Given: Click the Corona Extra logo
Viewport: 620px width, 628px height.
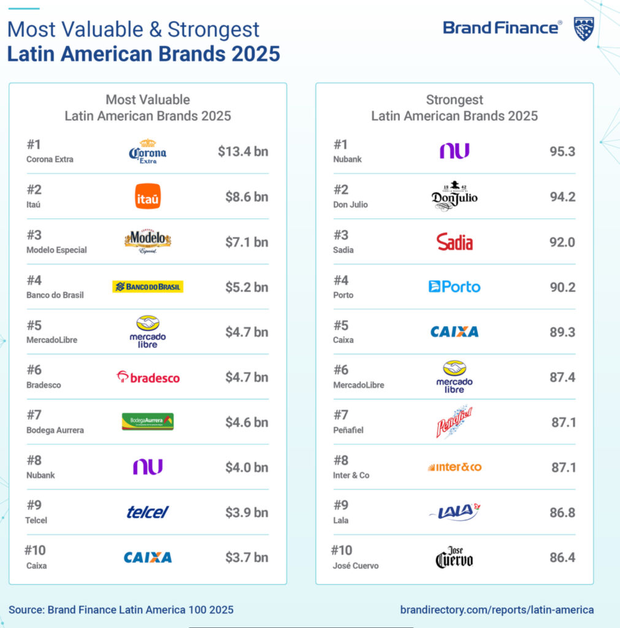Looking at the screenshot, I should pyautogui.click(x=147, y=151).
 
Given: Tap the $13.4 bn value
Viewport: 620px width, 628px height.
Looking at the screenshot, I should pyautogui.click(x=243, y=151).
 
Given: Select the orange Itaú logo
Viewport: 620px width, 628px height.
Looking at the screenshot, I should pyautogui.click(x=148, y=196).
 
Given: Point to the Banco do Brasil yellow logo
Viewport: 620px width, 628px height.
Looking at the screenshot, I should pyautogui.click(x=148, y=286).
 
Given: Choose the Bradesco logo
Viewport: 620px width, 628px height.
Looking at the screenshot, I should pyautogui.click(x=148, y=377).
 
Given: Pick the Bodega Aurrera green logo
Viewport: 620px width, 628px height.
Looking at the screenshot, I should pyautogui.click(x=148, y=422).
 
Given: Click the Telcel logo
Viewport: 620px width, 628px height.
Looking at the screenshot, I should pyautogui.click(x=148, y=512).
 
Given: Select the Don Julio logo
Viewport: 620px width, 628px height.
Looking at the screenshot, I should pyautogui.click(x=454, y=196).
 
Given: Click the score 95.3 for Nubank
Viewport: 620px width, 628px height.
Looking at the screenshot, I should pyautogui.click(x=562, y=151).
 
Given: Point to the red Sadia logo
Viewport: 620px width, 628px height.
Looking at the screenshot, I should pyautogui.click(x=454, y=242).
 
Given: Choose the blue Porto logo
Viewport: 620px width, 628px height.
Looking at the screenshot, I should pyautogui.click(x=454, y=286).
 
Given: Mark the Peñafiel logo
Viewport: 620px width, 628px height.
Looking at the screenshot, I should pyautogui.click(x=454, y=421).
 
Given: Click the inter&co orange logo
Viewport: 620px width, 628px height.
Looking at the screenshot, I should pyautogui.click(x=454, y=467).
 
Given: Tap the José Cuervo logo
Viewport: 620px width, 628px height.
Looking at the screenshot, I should pyautogui.click(x=454, y=557).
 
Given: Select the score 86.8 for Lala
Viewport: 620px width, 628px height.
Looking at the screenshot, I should pyautogui.click(x=562, y=512).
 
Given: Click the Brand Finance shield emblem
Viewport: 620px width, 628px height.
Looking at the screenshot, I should pyautogui.click(x=583, y=28).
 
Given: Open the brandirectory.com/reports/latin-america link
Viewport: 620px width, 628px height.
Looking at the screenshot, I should pyautogui.click(x=497, y=610).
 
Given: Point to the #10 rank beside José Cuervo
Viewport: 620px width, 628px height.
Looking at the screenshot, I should pyautogui.click(x=342, y=550).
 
